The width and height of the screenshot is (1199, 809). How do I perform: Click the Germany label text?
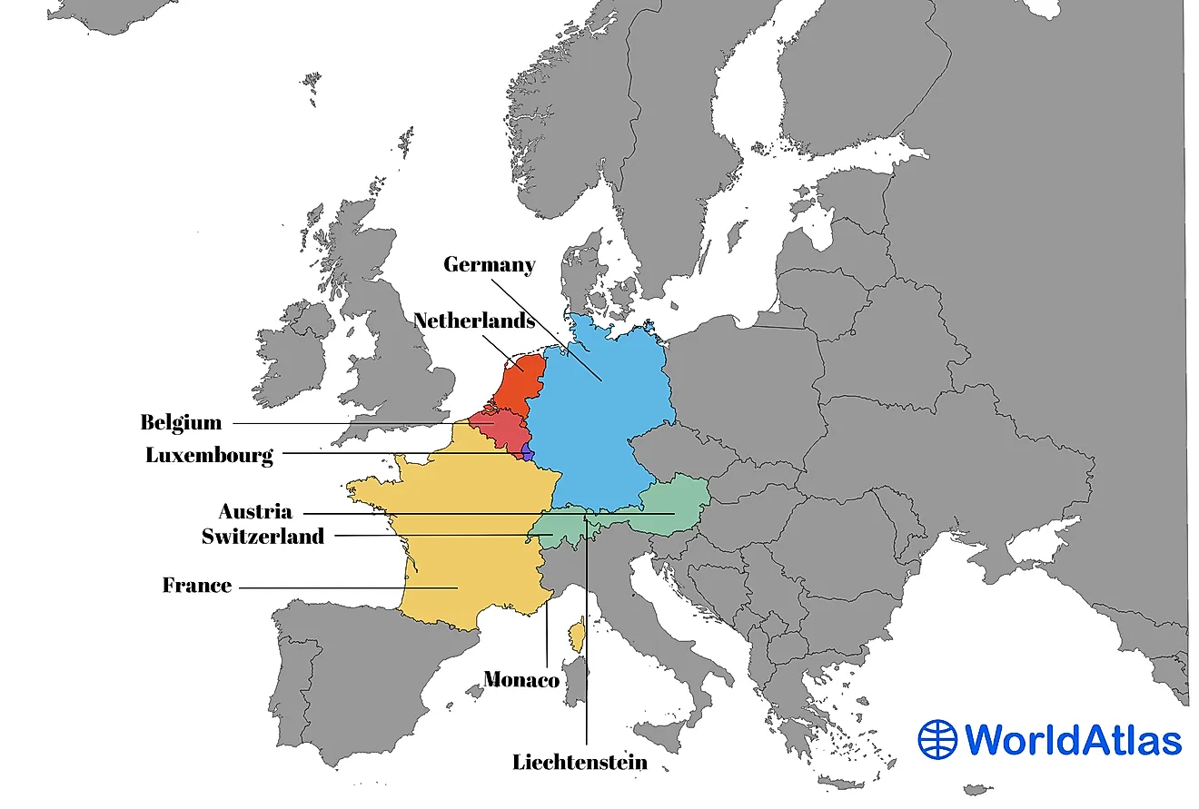[x=489, y=265]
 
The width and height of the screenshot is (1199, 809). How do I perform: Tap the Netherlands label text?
[x=473, y=321]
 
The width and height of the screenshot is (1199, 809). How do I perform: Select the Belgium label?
[x=181, y=422]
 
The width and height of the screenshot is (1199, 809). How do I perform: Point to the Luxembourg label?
[x=209, y=455]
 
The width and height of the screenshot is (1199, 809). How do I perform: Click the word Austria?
[x=254, y=511]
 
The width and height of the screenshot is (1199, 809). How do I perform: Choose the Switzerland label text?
[x=263, y=536]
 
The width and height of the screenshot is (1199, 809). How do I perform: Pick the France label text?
[x=197, y=586]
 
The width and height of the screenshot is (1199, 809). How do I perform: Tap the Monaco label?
[x=520, y=678]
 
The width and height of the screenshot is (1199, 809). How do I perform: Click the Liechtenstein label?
[x=580, y=762]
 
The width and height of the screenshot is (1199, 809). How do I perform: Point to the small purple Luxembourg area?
[x=527, y=451]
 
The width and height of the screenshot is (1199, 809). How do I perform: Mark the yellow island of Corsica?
[x=576, y=636]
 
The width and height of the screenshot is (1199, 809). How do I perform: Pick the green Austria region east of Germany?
[x=677, y=508]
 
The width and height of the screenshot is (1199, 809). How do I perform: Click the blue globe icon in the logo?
[x=937, y=739]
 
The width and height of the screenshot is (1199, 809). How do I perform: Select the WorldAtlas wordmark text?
[x=1073, y=739]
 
